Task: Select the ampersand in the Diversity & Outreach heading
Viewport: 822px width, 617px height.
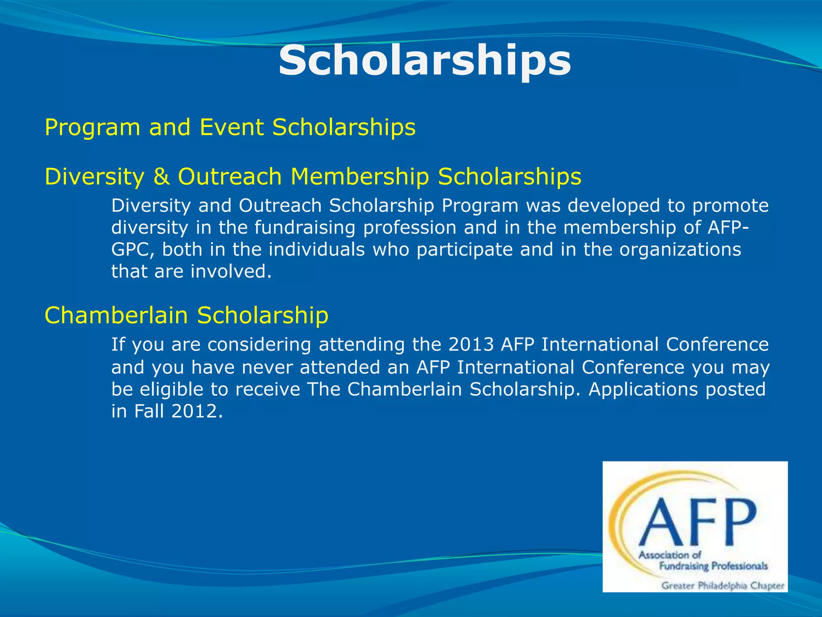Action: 161,177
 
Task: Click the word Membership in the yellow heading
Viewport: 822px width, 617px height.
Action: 360,177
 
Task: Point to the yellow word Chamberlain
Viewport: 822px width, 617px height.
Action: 116,315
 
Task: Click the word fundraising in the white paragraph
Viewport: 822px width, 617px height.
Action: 305,228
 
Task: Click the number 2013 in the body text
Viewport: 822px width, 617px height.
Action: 470,344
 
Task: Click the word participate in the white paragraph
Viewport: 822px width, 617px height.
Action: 464,249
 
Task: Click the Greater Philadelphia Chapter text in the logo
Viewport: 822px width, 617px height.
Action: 722,586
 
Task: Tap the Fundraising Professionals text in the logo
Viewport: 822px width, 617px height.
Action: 713,566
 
